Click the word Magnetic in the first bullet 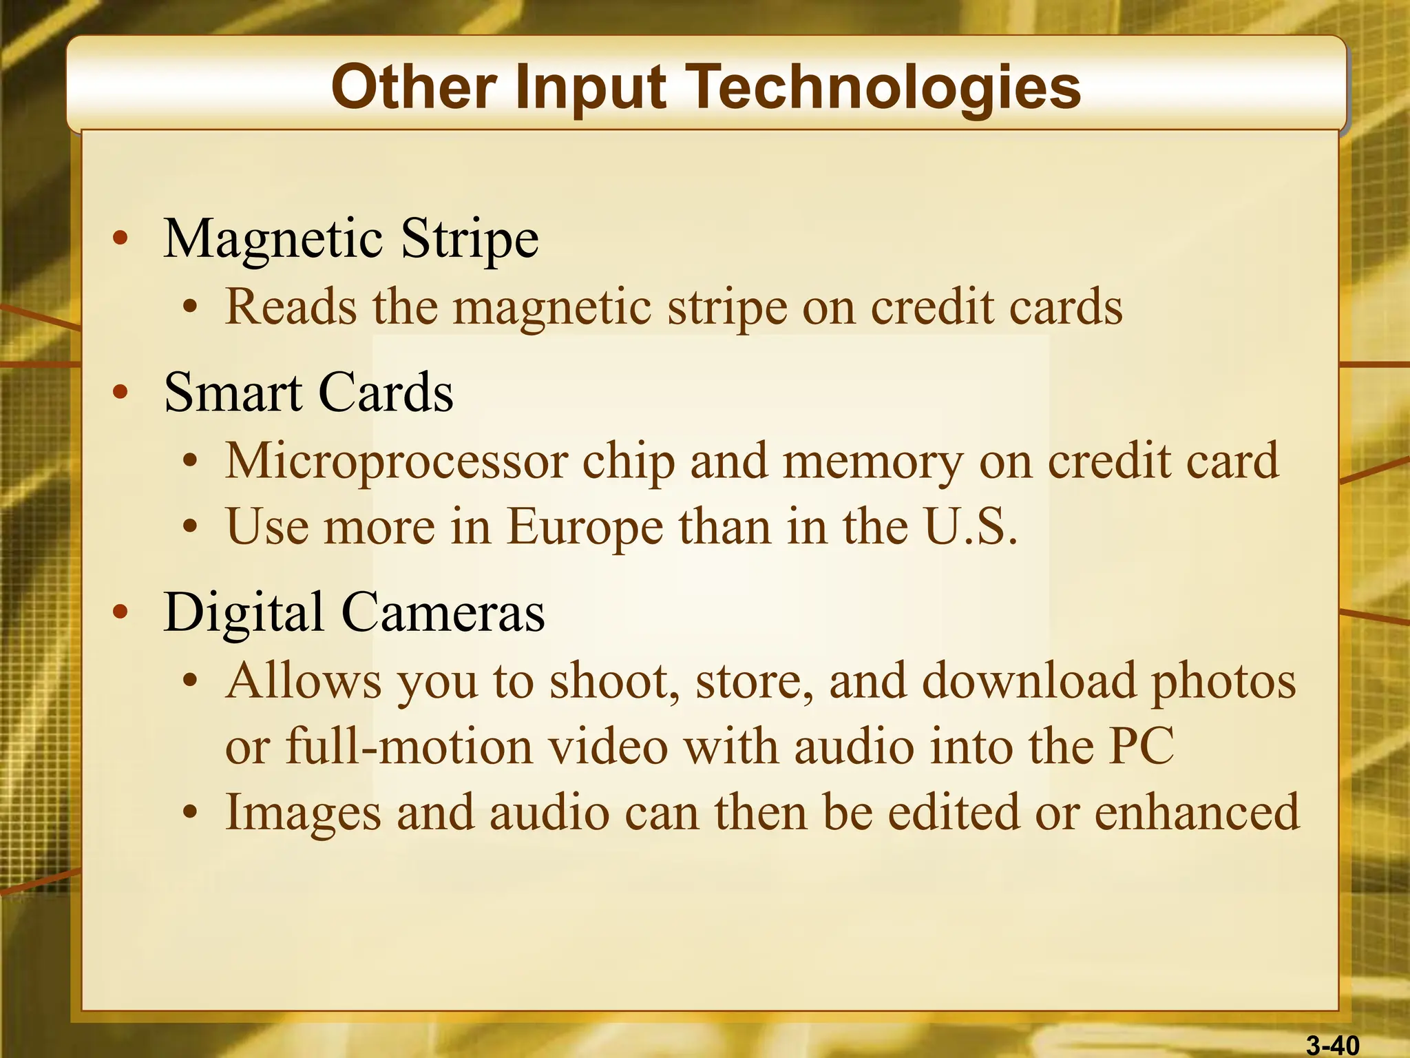(x=273, y=239)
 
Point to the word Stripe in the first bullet (x=470, y=239)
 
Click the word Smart (x=232, y=393)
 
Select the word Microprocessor (x=397, y=461)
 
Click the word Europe (x=585, y=528)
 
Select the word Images (x=303, y=813)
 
